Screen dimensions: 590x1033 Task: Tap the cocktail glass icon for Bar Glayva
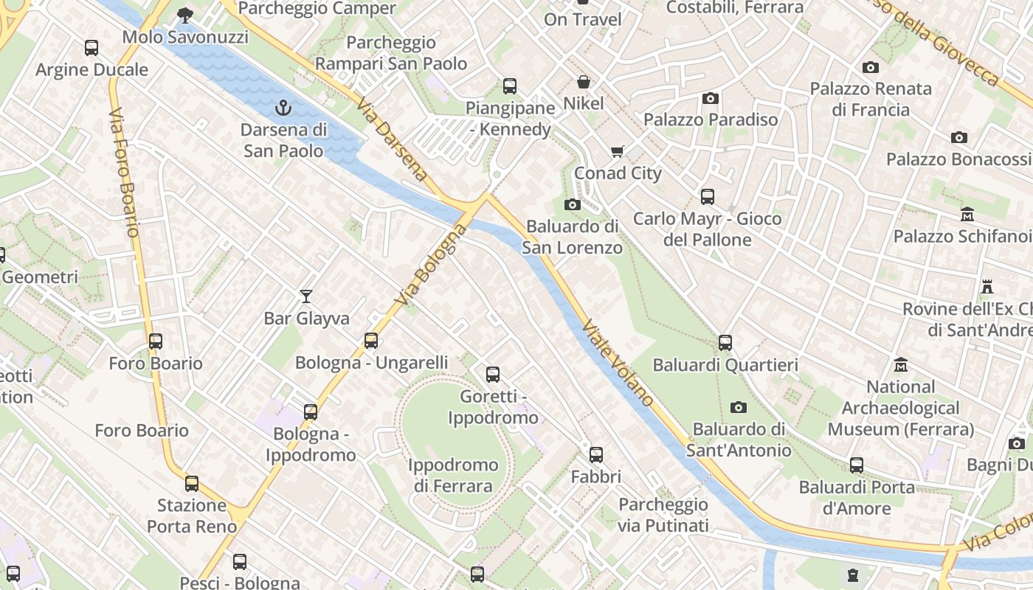pyautogui.click(x=306, y=296)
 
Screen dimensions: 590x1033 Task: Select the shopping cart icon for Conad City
pyautogui.click(x=618, y=152)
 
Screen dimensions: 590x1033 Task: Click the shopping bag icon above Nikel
pyautogui.click(x=584, y=82)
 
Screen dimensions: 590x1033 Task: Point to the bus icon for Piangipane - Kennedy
pyautogui.click(x=510, y=86)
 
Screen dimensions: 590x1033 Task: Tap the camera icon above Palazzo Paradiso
pyautogui.click(x=711, y=98)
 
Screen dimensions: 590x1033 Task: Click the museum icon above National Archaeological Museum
pyautogui.click(x=901, y=365)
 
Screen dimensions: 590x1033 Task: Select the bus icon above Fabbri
pyautogui.click(x=596, y=455)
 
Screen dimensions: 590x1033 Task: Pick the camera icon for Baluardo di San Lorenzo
pyautogui.click(x=572, y=204)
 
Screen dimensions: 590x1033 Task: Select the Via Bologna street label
pyautogui.click(x=431, y=265)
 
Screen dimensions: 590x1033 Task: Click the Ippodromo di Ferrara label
pyautogui.click(x=453, y=476)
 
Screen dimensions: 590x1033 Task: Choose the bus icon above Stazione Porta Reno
pyautogui.click(x=192, y=484)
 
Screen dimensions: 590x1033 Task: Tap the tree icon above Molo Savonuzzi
pyautogui.click(x=185, y=15)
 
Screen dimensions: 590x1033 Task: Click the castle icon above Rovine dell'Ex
pyautogui.click(x=987, y=286)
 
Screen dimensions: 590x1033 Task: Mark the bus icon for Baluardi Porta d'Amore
pyautogui.click(x=857, y=465)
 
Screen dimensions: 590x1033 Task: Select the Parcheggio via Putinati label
pyautogui.click(x=663, y=515)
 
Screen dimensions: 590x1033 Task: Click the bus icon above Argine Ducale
pyautogui.click(x=91, y=48)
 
